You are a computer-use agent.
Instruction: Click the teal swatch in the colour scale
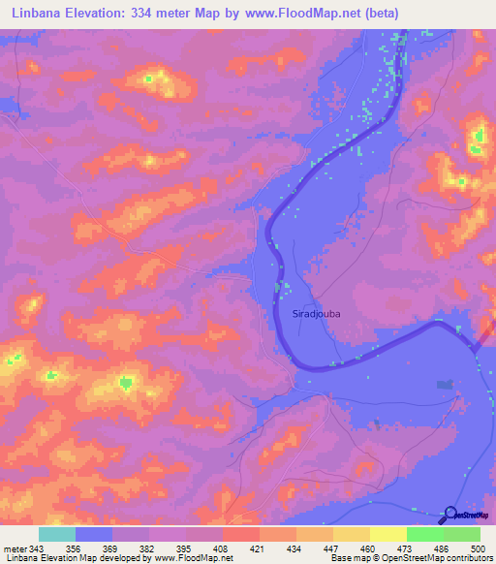click(x=57, y=534)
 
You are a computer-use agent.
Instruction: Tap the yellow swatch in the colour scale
click(x=387, y=534)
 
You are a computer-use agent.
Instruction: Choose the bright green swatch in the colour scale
click(x=424, y=534)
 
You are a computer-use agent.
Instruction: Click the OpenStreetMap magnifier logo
click(x=449, y=515)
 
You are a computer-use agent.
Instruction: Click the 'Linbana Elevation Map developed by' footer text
click(x=77, y=558)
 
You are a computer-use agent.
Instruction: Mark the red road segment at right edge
click(x=484, y=340)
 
